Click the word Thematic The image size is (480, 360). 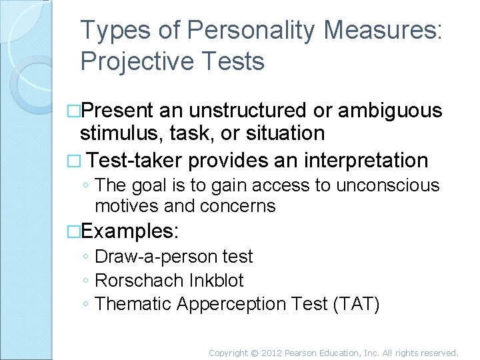[134, 304]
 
